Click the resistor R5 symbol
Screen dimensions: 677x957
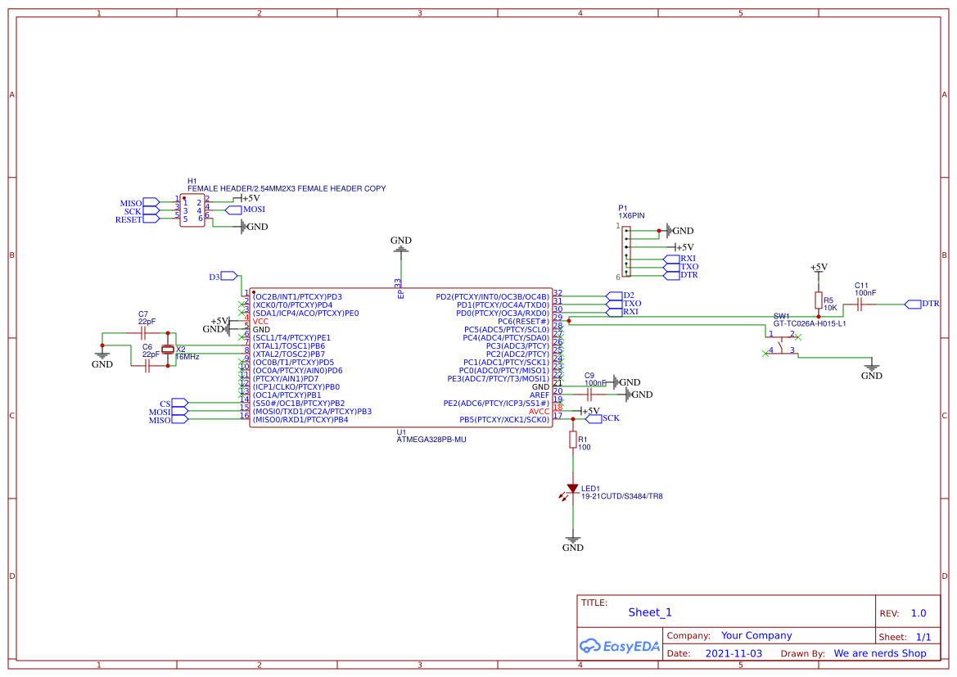818,300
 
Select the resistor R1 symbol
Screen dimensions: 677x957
573,440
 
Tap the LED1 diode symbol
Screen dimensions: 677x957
573,489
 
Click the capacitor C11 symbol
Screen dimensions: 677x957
860,305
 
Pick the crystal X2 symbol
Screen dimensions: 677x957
169,350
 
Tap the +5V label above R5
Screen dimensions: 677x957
818,267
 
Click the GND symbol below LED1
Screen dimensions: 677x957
573,544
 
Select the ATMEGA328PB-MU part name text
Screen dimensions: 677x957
431,439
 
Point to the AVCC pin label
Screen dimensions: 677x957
539,411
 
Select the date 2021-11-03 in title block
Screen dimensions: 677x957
734,653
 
